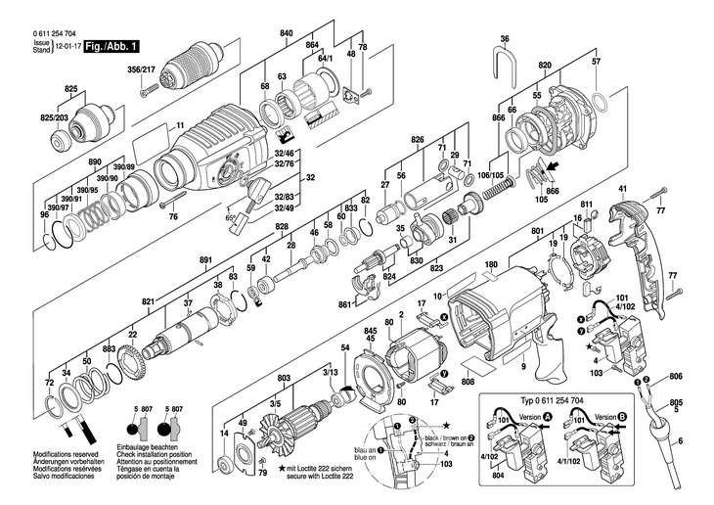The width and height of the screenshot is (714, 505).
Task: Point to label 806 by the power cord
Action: click(677, 376)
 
